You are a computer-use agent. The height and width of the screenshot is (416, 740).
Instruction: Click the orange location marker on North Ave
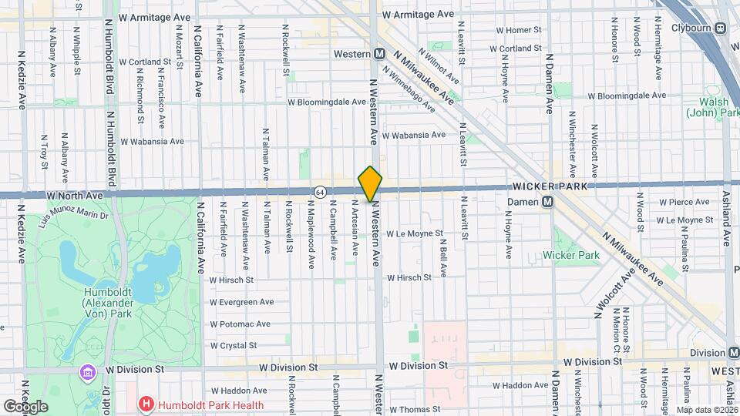[x=371, y=184]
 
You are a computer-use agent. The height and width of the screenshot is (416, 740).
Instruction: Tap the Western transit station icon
[x=379, y=54]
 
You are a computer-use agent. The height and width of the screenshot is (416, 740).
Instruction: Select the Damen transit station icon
[x=548, y=201]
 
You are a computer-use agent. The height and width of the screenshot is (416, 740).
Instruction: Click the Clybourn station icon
[x=721, y=29]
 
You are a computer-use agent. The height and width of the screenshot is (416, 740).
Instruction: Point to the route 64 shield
[x=319, y=190]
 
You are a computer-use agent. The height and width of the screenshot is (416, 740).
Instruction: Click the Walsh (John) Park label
[x=712, y=107]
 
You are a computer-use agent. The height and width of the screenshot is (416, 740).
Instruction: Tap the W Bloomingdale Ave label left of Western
[x=326, y=102]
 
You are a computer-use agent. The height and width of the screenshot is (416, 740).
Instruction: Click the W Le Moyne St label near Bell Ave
[x=415, y=233]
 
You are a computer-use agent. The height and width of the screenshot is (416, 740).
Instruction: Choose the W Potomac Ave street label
[x=240, y=324]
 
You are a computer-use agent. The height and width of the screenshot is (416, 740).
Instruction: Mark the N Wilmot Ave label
[x=439, y=67]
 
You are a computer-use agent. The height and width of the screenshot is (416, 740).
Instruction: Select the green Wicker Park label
[x=570, y=255]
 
